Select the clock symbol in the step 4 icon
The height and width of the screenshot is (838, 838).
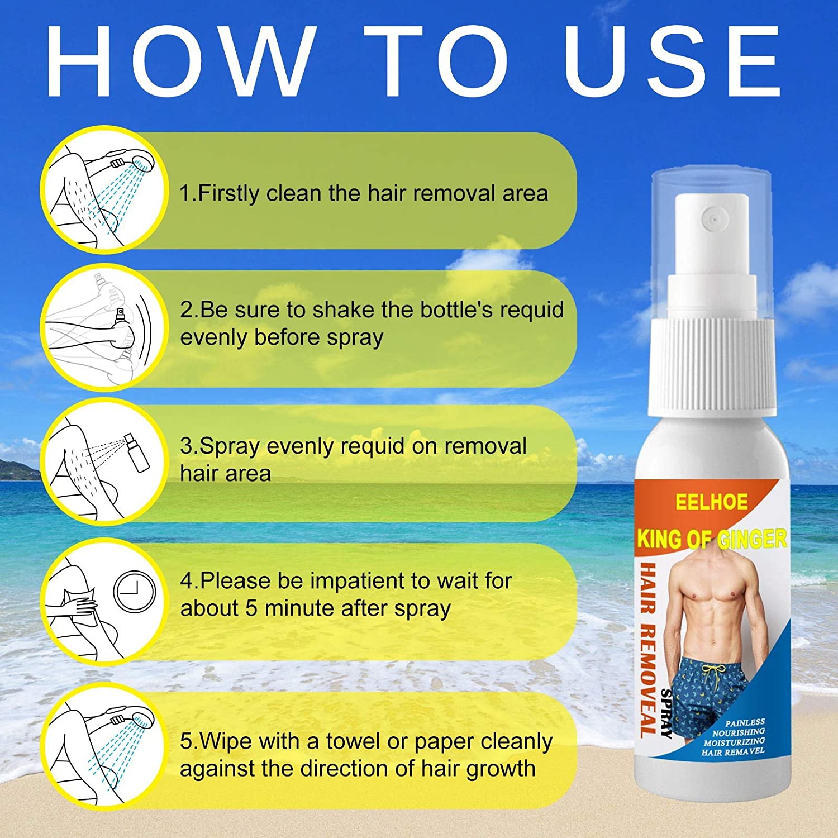tap(135, 592)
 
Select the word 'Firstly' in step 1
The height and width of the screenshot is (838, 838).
tap(229, 193)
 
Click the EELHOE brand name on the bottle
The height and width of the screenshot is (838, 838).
tap(711, 502)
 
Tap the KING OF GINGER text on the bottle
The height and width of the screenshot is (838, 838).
tap(711, 539)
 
